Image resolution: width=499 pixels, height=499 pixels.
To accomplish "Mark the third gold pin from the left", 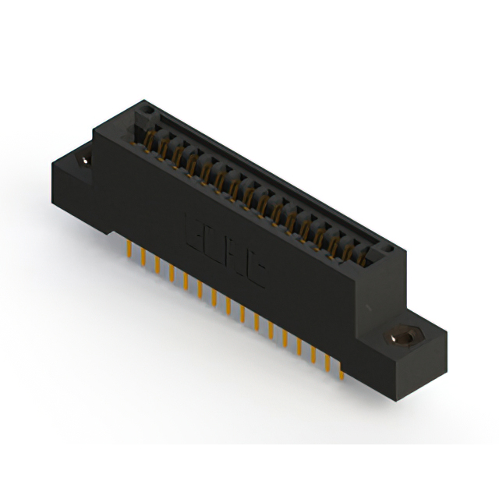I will [x=157, y=265].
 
